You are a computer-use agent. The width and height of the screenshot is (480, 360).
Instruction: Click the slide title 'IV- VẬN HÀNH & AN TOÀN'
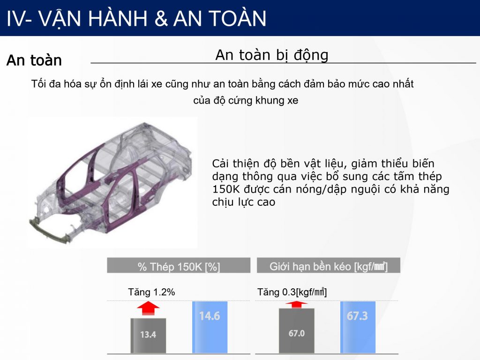tap(136, 19)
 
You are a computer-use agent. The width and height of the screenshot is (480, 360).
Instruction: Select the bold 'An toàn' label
tap(34, 60)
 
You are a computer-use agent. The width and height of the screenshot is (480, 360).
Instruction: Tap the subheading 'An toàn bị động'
tap(272, 56)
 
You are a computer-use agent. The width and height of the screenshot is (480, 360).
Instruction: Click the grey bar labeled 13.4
tap(148, 336)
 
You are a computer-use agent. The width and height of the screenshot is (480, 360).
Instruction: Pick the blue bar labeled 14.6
tap(210, 327)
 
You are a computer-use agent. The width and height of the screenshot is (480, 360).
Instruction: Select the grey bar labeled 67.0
tap(296, 330)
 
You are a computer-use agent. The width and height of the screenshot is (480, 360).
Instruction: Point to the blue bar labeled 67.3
tap(358, 327)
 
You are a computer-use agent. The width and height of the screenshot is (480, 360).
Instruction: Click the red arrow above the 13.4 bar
tap(148, 308)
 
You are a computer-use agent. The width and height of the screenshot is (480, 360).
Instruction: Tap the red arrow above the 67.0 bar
tap(296, 305)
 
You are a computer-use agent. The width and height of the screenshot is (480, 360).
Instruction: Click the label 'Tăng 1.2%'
tap(151, 292)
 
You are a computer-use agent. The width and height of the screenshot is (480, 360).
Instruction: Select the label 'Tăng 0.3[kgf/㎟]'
tap(292, 292)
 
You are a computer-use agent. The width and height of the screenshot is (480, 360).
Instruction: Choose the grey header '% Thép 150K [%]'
tap(179, 265)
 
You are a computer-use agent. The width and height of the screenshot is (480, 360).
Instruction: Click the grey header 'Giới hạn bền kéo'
tap(329, 265)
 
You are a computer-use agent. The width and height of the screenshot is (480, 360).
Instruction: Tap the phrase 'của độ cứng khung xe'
tap(246, 101)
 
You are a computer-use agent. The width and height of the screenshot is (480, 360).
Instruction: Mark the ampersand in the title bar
tap(161, 19)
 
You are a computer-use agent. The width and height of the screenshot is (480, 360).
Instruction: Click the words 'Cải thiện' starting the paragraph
tap(235, 164)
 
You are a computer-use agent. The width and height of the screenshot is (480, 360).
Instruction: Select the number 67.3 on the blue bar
tap(357, 315)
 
